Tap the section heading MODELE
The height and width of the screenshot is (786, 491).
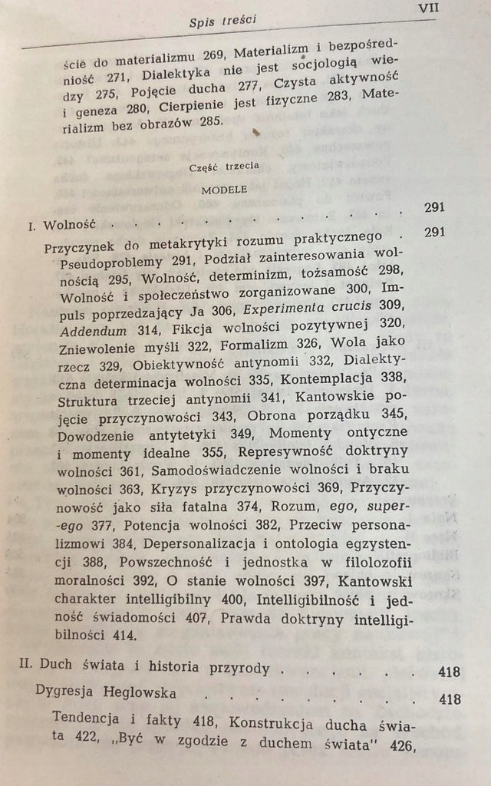(x=219, y=193)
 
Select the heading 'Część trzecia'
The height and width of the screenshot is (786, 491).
(x=219, y=166)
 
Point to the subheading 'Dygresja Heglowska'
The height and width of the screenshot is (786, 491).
(x=107, y=693)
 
